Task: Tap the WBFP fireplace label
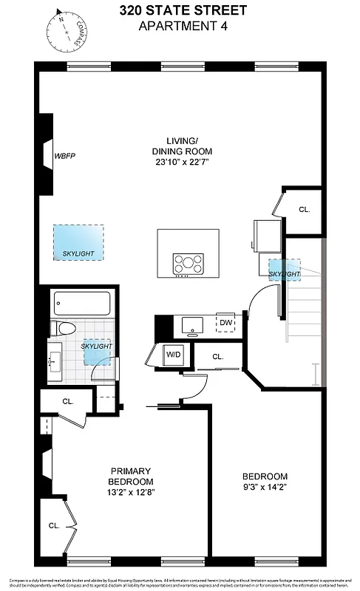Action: pos(65,156)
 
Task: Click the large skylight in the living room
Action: pos(78,242)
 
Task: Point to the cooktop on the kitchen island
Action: pos(188,262)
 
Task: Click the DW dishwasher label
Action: pos(225,322)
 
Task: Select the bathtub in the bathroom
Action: pos(81,303)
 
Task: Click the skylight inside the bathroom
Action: pos(96,349)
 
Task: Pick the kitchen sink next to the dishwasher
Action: pos(194,323)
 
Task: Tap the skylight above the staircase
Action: pos(285,270)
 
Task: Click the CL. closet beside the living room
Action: pos(304,209)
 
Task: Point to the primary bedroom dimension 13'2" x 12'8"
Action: pos(131,491)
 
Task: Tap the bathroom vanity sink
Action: pos(55,361)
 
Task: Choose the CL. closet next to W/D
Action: pos(217,357)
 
